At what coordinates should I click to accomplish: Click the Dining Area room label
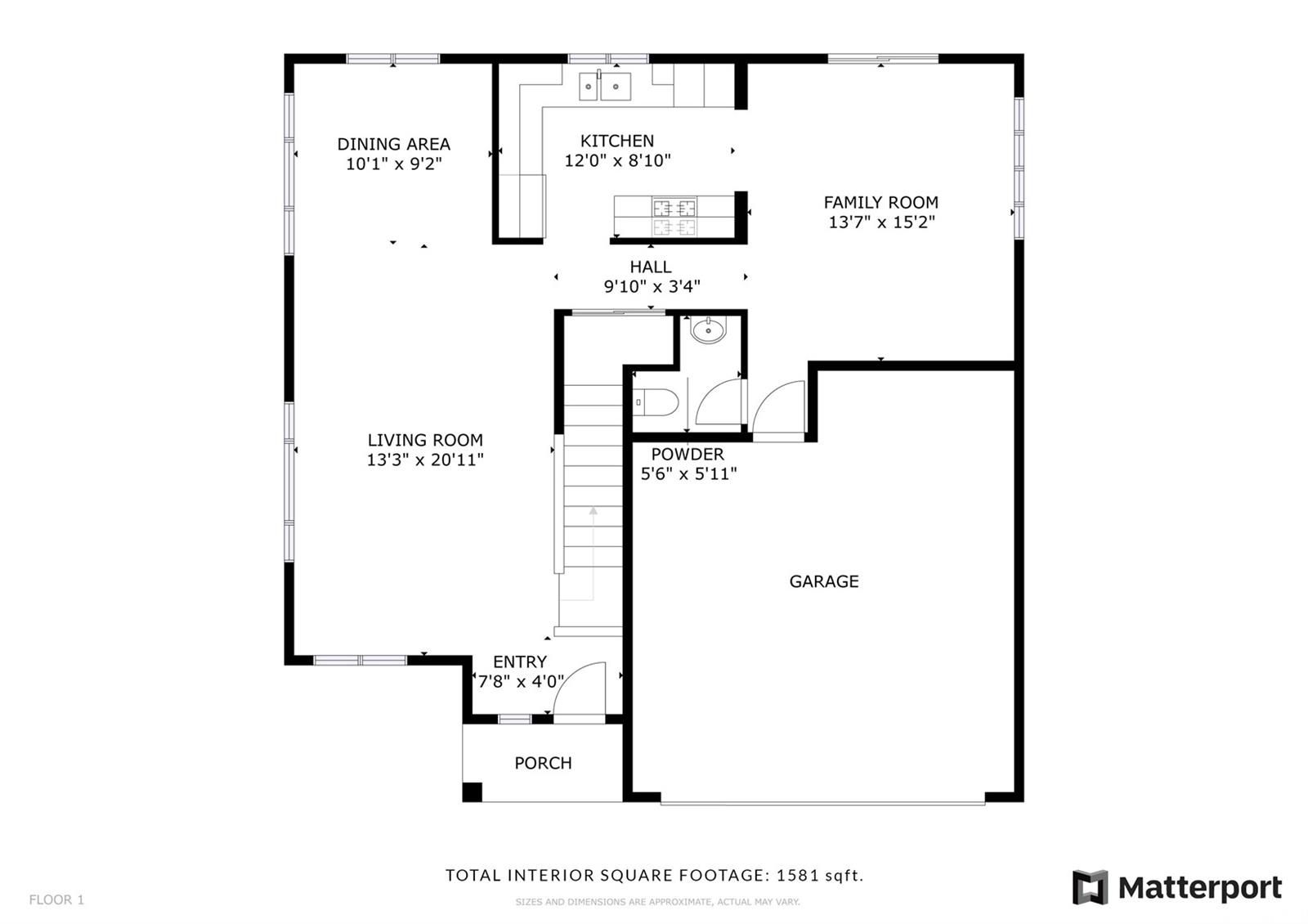tap(393, 144)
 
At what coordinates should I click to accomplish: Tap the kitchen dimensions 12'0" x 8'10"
tap(617, 160)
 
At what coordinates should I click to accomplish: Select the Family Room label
tap(881, 203)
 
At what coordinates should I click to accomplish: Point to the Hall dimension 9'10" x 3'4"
tap(652, 287)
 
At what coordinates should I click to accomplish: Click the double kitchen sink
tap(605, 86)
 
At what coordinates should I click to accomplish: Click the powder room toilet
tap(656, 402)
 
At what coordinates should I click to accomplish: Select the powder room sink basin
tap(708, 330)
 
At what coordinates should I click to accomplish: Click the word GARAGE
tap(824, 581)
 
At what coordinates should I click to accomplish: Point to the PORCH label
tap(543, 764)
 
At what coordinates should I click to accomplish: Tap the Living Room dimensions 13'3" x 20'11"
tap(425, 460)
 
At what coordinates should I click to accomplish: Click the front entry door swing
tap(580, 689)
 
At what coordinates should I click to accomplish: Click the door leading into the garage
tap(778, 407)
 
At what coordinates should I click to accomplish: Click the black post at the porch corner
tap(473, 792)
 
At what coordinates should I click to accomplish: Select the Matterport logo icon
tap(1090, 888)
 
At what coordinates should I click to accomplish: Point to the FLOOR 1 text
tap(56, 900)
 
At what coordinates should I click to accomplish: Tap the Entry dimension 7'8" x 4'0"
tap(521, 682)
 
